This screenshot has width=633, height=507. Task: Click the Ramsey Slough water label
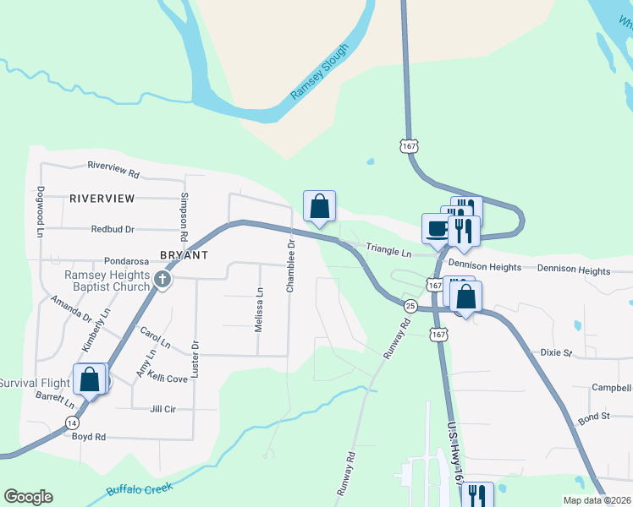pyautogui.click(x=320, y=74)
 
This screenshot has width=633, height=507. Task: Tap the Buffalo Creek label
pyautogui.click(x=140, y=488)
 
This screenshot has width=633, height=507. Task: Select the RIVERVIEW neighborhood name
pyautogui.click(x=102, y=198)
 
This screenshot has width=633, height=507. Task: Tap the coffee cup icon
pyautogui.click(x=437, y=228)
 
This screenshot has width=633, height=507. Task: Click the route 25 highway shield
pyautogui.click(x=410, y=305)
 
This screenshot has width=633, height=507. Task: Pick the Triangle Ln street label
pyautogui.click(x=388, y=252)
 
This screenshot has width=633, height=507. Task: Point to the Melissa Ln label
pyautogui.click(x=260, y=309)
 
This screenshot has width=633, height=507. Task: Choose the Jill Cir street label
pyautogui.click(x=162, y=409)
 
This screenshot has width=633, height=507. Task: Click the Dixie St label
pyautogui.click(x=557, y=352)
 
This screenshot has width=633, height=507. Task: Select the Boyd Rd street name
pyautogui.click(x=89, y=437)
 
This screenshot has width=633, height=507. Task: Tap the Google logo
pyautogui.click(x=28, y=497)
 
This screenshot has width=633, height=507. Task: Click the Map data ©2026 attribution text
pyautogui.click(x=597, y=499)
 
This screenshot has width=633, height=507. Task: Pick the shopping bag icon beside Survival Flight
pyautogui.click(x=90, y=379)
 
